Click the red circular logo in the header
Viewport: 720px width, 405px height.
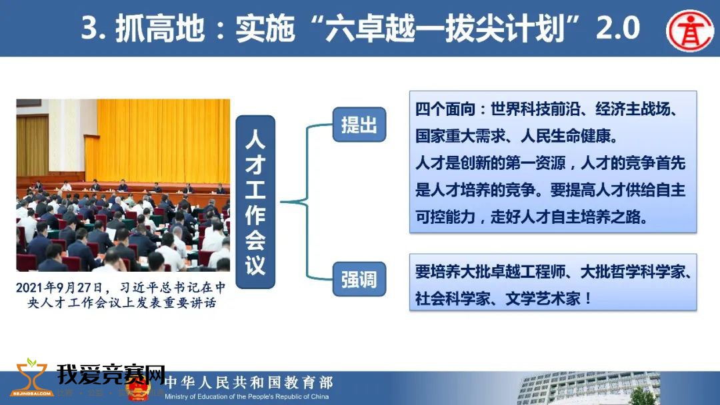[x=690, y=30]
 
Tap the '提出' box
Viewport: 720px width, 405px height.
[x=359, y=125]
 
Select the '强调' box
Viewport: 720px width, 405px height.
[x=359, y=279]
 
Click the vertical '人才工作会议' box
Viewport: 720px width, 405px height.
[x=255, y=202]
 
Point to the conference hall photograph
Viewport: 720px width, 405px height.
[x=123, y=185]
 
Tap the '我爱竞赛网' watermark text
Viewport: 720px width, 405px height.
[x=111, y=374]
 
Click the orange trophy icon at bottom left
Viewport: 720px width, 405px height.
[x=31, y=378]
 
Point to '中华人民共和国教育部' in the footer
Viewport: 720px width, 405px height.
[x=249, y=382]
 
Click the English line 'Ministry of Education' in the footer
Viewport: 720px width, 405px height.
[x=247, y=397]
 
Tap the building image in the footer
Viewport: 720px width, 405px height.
[x=589, y=388]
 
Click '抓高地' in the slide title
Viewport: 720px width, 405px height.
[x=159, y=28]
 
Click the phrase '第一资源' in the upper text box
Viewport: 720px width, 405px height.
[x=535, y=163]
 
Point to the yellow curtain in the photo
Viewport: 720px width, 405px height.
[x=163, y=141]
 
